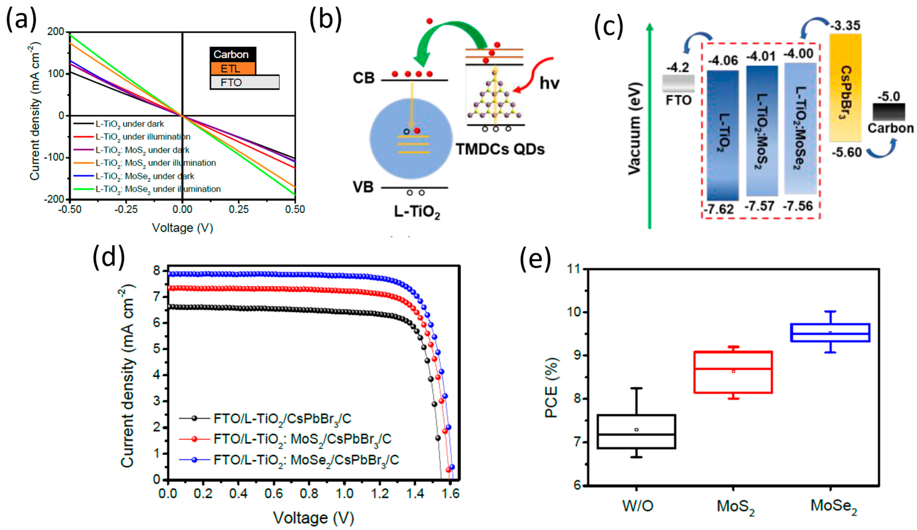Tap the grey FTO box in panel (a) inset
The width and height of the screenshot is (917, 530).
click(x=245, y=82)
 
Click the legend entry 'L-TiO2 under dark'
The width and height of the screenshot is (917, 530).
click(x=129, y=124)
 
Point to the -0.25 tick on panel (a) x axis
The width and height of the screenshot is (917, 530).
click(x=126, y=209)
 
